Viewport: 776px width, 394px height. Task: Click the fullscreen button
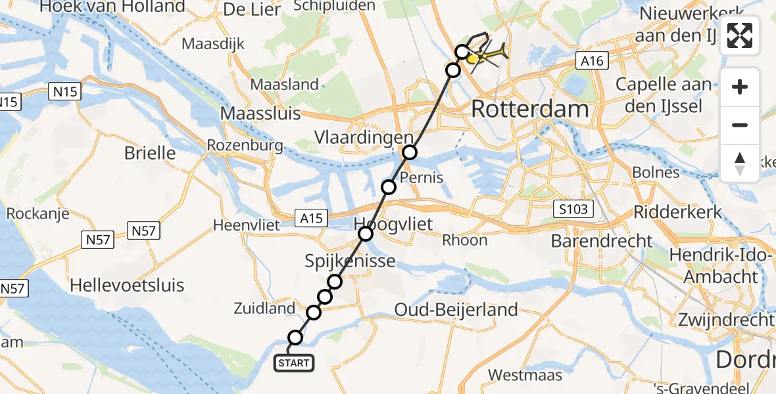pos(740,35)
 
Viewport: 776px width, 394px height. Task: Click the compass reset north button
pos(740,164)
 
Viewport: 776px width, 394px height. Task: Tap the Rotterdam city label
pos(529,109)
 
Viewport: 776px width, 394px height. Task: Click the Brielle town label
pos(150,153)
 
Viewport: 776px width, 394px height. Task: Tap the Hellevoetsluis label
pos(127,286)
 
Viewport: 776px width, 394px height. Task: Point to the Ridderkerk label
pos(677,212)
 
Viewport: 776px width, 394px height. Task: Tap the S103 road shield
pos(573,209)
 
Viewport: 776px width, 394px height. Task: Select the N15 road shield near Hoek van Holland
pos(65,92)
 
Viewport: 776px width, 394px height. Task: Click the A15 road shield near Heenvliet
pos(311,218)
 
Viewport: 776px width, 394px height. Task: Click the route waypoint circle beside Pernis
pos(389,187)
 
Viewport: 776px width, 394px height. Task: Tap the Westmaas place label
pos(525,376)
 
